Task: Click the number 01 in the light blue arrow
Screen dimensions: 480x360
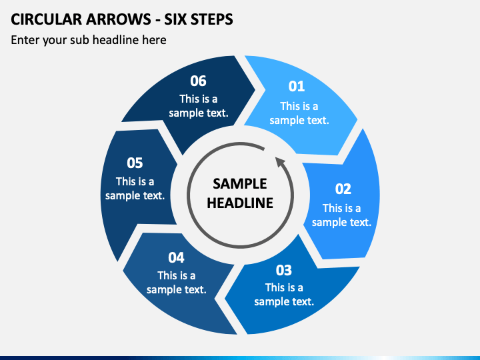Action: [x=296, y=86]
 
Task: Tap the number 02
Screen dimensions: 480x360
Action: [x=343, y=189]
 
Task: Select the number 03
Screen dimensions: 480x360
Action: [x=284, y=270]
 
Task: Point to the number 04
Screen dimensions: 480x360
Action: [x=176, y=258]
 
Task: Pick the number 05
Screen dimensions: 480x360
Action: [x=135, y=163]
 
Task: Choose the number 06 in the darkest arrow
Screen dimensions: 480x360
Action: [x=198, y=81]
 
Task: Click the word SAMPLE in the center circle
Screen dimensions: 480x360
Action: [x=240, y=184]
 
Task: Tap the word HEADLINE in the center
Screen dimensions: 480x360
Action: [x=240, y=203]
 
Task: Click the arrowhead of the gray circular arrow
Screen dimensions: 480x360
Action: [x=281, y=162]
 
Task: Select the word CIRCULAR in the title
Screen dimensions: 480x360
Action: [x=46, y=19]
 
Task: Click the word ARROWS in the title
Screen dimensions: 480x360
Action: [x=119, y=19]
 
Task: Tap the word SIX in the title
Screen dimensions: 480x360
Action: [x=175, y=19]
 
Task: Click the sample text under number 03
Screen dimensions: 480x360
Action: [x=284, y=295]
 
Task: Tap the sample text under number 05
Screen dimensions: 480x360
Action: [x=135, y=189]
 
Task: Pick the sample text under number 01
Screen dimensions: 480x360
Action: [x=299, y=113]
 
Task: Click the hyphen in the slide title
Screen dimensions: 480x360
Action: [x=157, y=20]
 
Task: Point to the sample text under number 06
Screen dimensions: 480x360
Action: [x=199, y=106]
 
